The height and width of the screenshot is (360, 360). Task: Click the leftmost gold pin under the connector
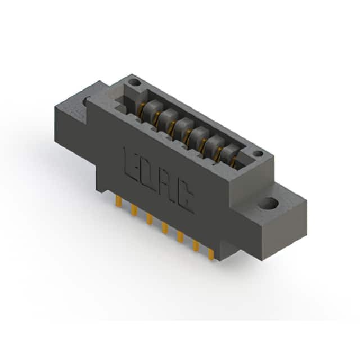coord(119,201)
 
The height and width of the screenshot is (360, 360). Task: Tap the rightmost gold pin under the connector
coord(211,255)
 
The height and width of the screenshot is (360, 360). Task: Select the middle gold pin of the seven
coord(165,228)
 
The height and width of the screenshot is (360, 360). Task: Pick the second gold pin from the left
coord(134,210)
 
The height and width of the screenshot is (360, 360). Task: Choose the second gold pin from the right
coord(196,246)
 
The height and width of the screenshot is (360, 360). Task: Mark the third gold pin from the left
coord(150,219)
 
